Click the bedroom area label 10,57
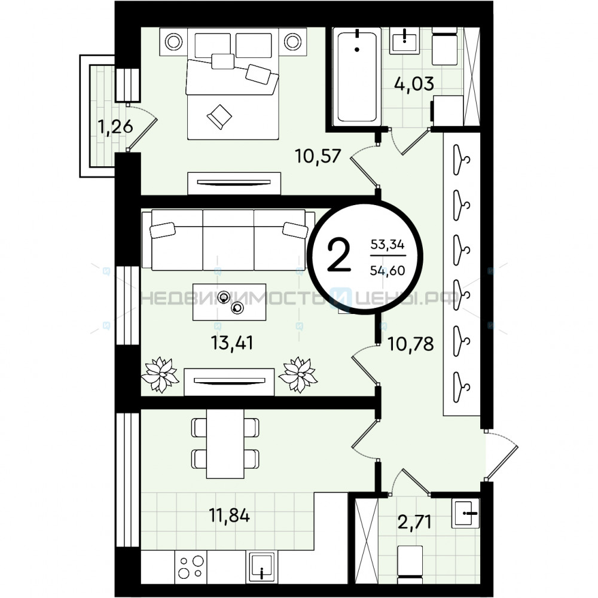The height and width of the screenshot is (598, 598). click(x=318, y=156)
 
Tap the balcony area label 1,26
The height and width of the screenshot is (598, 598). click(x=115, y=127)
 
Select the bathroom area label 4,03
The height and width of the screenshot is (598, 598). click(x=414, y=84)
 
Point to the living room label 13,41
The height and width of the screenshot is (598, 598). click(x=232, y=343)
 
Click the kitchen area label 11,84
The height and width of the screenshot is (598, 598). click(x=229, y=515)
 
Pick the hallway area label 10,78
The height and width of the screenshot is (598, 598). click(x=411, y=344)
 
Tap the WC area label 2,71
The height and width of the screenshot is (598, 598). click(x=414, y=521)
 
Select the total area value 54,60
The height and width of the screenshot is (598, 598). click(x=388, y=270)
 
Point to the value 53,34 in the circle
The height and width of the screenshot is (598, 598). click(x=388, y=244)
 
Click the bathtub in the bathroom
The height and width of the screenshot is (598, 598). click(x=356, y=77)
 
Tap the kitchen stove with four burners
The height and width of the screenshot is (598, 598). click(x=191, y=567)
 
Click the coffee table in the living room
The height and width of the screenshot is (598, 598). click(x=229, y=302)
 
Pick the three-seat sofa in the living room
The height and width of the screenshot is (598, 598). click(x=228, y=240)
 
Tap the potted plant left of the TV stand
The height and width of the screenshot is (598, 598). click(x=160, y=374)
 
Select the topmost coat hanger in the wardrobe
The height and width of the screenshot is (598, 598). click(x=461, y=160)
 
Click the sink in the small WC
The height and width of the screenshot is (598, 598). click(x=465, y=513)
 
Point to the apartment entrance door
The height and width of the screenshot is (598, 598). click(x=502, y=455)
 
